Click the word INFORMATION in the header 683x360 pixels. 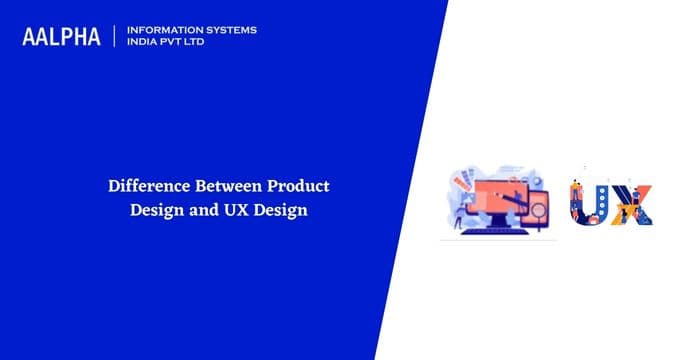pos(161,30)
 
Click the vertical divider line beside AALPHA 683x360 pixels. pos(116,36)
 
